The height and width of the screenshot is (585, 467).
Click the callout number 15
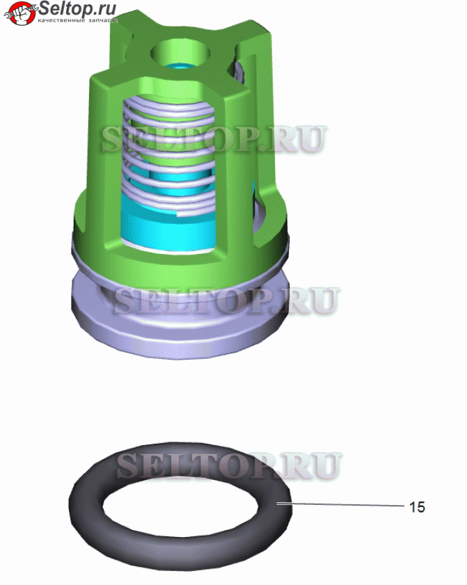(x=417, y=507)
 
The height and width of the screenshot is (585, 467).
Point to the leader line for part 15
(x=340, y=505)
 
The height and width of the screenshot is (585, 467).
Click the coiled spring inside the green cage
(x=170, y=157)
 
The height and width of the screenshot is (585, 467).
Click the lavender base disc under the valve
(x=179, y=328)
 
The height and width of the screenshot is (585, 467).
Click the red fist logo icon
(x=22, y=13)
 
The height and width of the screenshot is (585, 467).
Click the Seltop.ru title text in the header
(x=77, y=8)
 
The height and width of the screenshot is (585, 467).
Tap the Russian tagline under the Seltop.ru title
(x=78, y=20)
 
